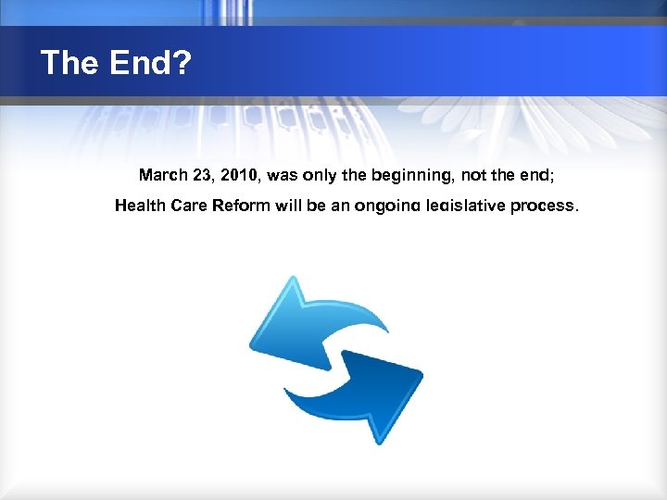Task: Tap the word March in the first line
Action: point(161,174)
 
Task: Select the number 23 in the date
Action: point(204,174)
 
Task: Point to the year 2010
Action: point(240,174)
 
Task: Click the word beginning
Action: point(398,174)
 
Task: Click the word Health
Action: point(141,206)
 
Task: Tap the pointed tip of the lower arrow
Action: point(422,373)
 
